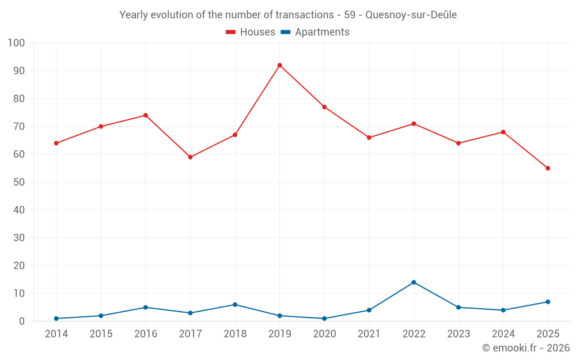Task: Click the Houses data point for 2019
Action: point(279,66)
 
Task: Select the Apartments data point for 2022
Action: point(414,282)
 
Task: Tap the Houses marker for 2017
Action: point(190,157)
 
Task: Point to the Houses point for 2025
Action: point(548,168)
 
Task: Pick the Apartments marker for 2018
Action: point(235,305)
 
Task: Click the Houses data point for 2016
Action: point(146,115)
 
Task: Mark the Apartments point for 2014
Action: point(56,319)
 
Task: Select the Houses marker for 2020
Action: point(324,107)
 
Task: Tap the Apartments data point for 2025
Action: point(548,302)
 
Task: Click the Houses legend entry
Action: point(251,32)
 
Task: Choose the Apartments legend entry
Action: point(315,32)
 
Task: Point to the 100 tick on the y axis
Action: point(16,43)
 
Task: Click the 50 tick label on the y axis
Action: point(19,182)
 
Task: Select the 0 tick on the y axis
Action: point(22,321)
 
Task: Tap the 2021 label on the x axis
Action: point(369,334)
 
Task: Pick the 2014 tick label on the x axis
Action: point(56,334)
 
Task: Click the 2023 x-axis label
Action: point(458,334)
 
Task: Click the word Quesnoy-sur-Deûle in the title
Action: point(411,15)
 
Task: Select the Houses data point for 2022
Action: point(414,124)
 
